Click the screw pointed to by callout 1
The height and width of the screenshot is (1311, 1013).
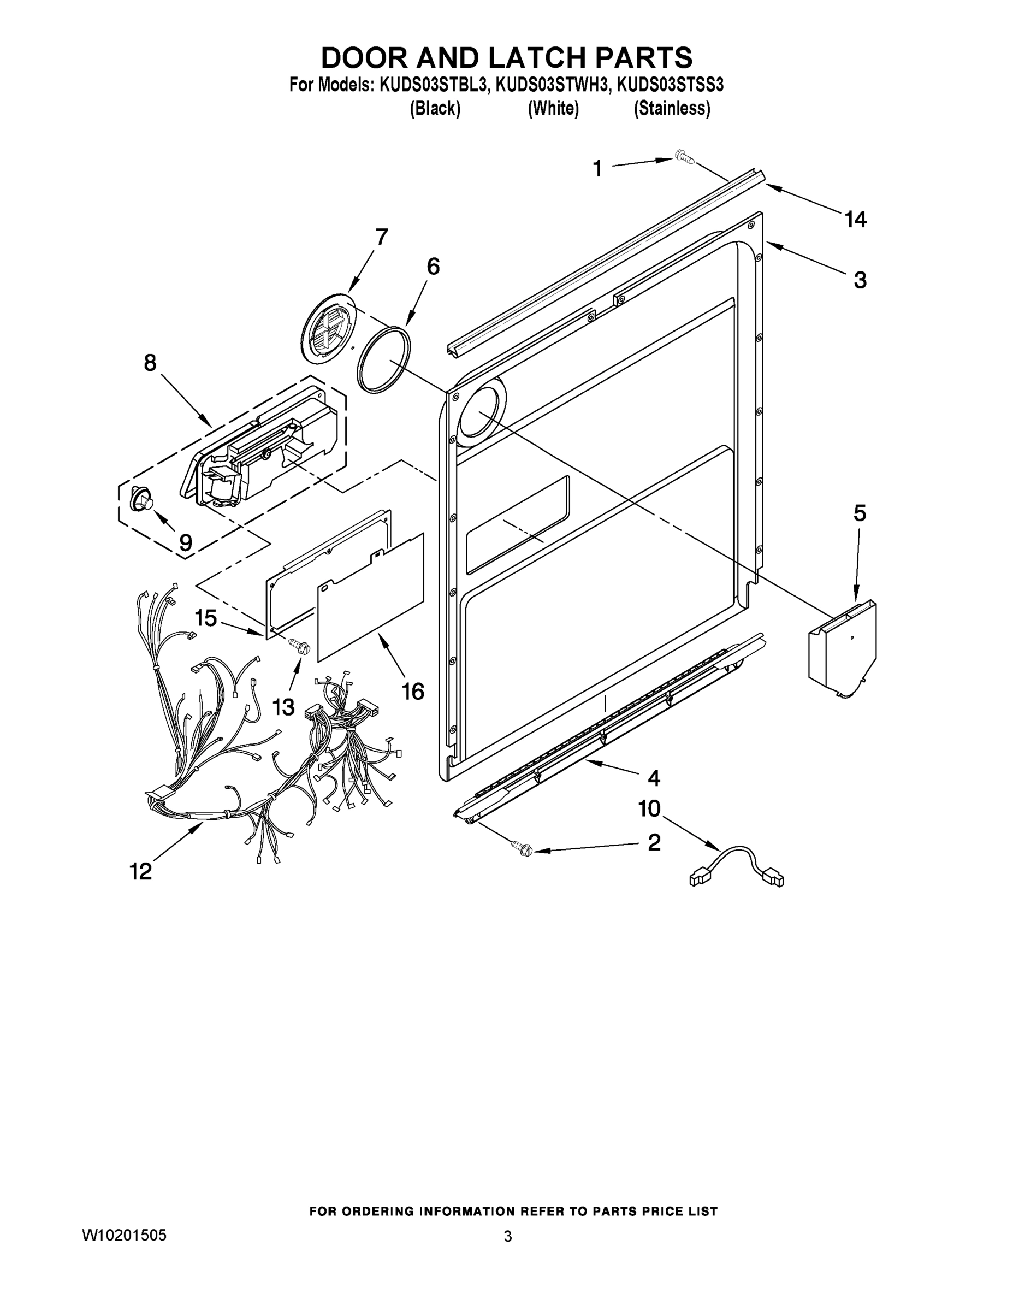[x=684, y=157]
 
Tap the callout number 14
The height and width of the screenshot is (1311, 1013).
[x=855, y=220]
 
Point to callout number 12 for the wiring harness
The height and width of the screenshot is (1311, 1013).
[x=141, y=871]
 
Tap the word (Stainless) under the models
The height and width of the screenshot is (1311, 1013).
[x=672, y=109]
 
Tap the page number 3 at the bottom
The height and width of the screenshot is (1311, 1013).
[x=508, y=1236]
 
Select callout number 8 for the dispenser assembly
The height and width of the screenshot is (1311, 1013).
[x=150, y=363]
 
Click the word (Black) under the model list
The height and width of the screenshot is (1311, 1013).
[x=435, y=109]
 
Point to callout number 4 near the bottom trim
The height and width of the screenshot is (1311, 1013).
[x=654, y=778]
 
